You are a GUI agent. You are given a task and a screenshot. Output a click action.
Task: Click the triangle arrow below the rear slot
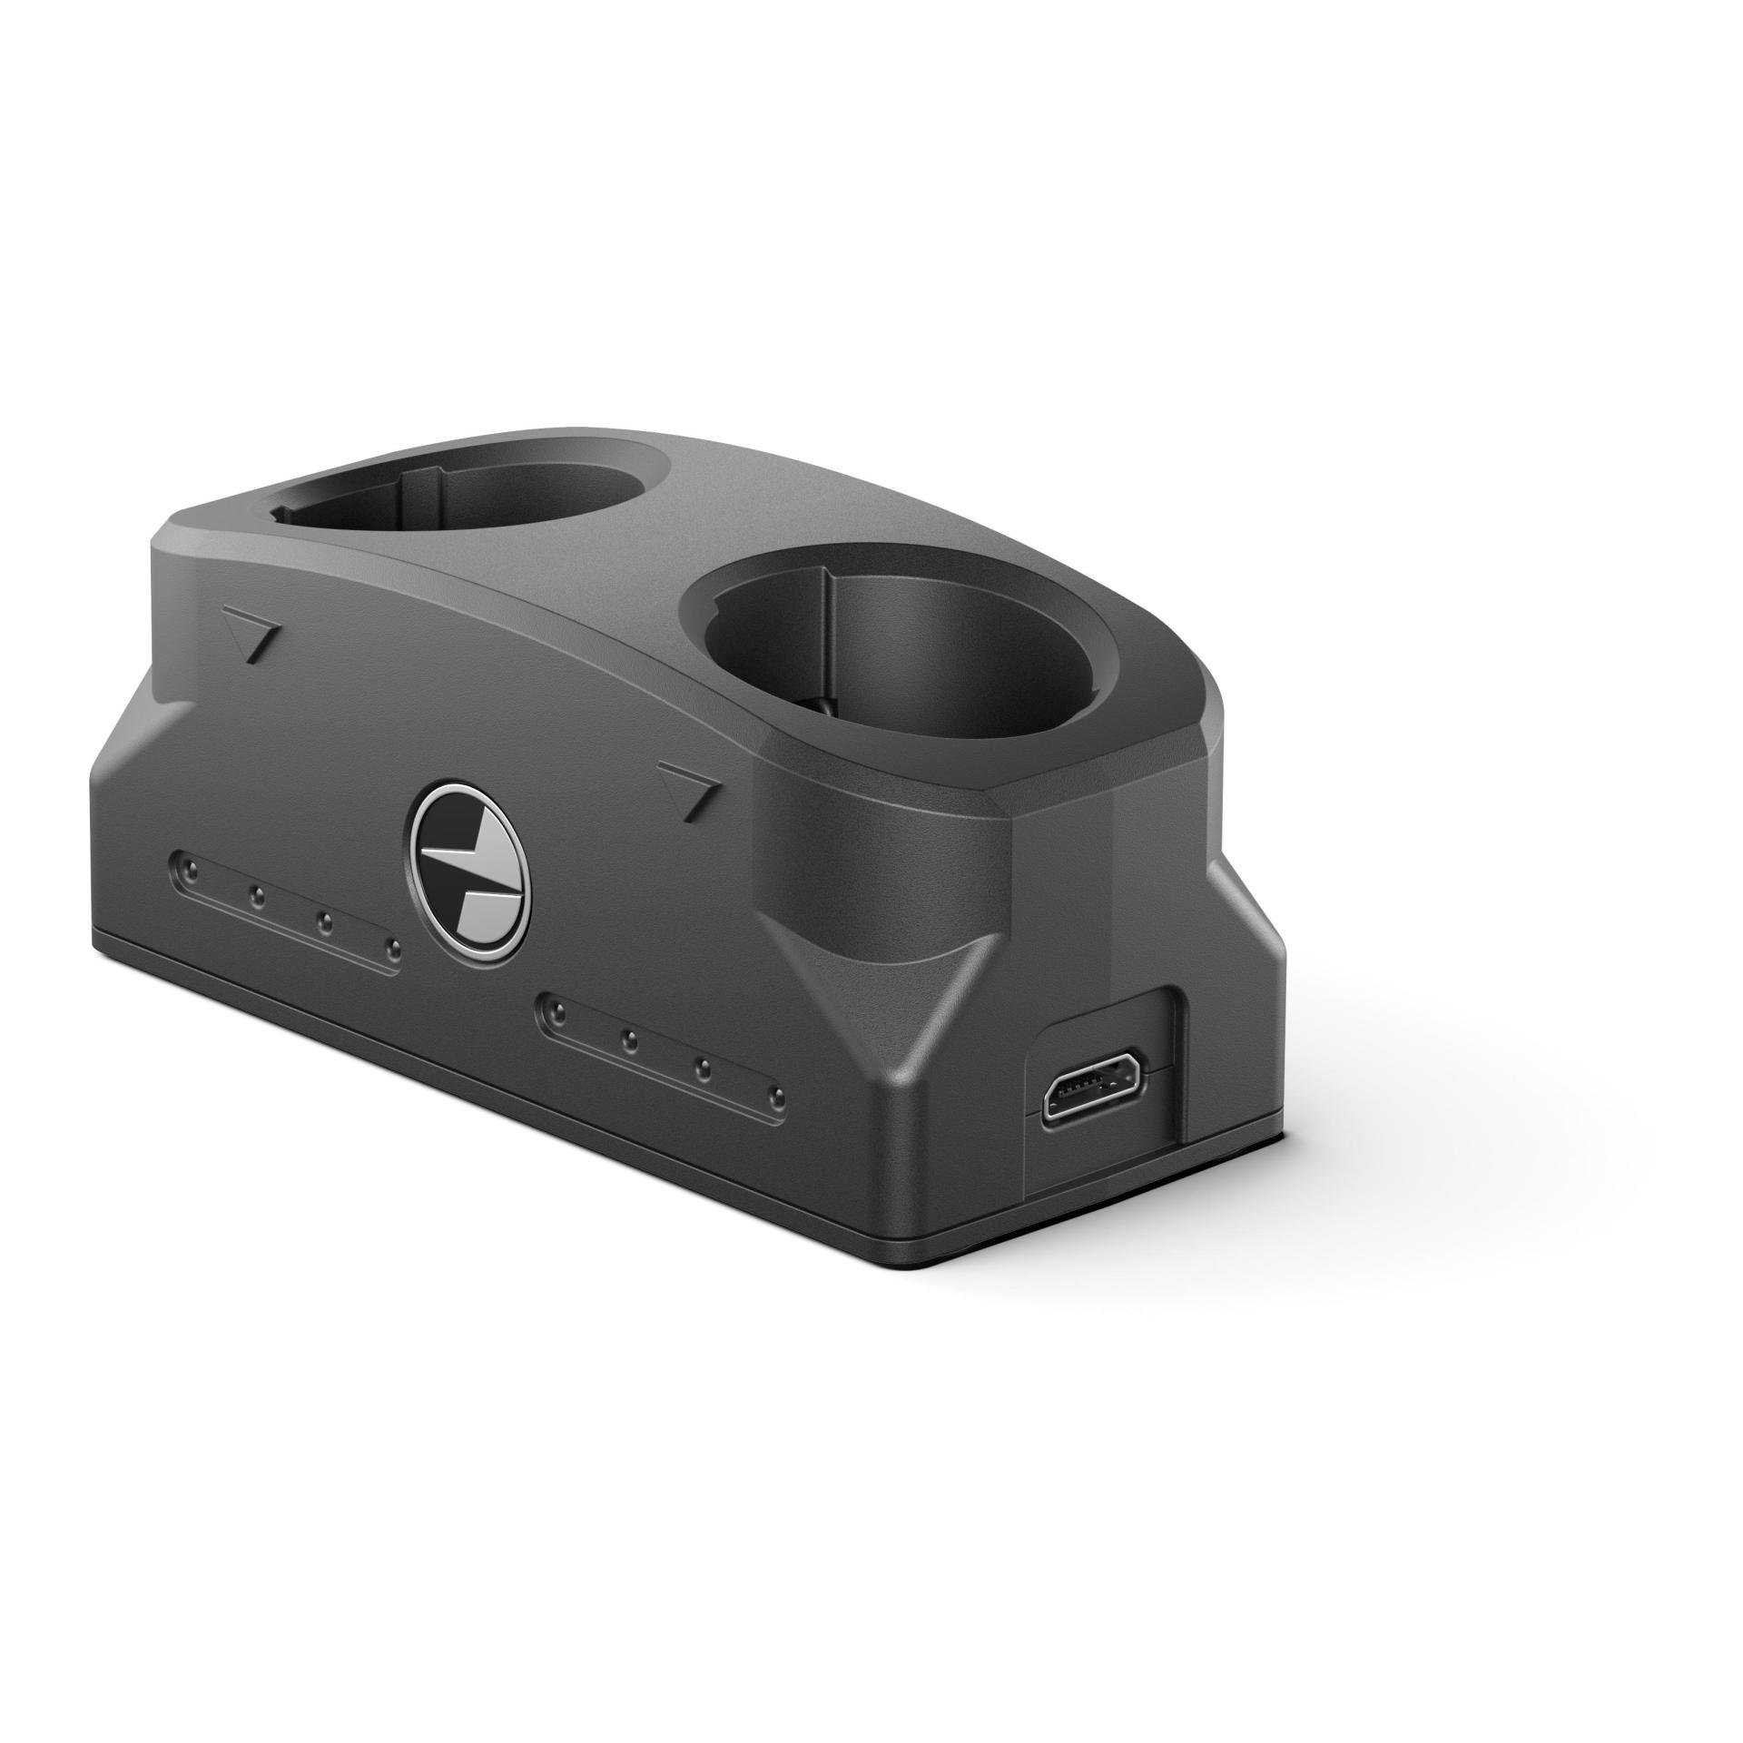click(x=253, y=636)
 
